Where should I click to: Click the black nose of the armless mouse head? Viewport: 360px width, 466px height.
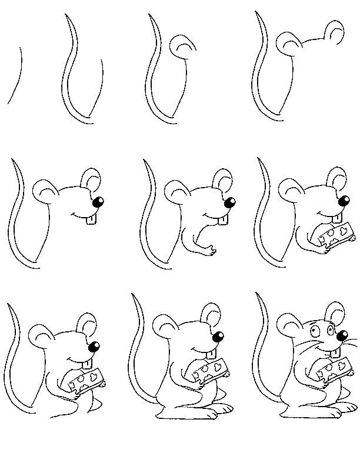99,202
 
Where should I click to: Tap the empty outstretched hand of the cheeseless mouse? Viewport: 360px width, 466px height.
207,252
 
